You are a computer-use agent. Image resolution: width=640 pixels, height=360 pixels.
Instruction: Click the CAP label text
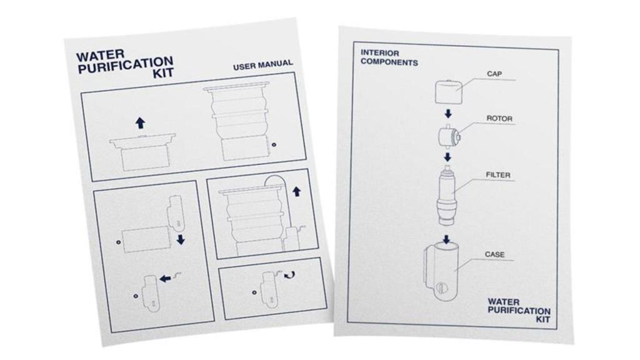(494, 74)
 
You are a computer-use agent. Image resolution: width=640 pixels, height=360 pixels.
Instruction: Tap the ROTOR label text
(499, 118)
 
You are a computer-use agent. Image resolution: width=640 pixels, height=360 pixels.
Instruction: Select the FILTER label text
(498, 175)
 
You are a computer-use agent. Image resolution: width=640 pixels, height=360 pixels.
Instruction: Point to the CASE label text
(494, 255)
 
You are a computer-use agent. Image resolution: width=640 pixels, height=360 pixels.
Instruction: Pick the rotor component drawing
(448, 134)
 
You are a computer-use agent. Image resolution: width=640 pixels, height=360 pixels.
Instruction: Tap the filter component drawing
(447, 196)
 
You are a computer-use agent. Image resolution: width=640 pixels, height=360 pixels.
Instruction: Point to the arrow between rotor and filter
(447, 156)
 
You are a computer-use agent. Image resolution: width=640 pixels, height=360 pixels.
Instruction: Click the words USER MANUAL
(262, 65)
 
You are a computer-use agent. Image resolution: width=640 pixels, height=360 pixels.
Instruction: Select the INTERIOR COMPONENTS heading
(389, 57)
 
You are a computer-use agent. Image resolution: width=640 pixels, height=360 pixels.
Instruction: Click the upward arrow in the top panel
(140, 122)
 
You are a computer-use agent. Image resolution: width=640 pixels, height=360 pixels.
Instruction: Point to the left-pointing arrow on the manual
(165, 278)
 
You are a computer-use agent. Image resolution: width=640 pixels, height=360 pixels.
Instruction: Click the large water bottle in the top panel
(241, 122)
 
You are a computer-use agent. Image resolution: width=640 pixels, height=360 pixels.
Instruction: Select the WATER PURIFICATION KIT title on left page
(124, 64)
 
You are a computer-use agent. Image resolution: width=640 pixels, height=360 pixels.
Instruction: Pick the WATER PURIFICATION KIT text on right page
(519, 310)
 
